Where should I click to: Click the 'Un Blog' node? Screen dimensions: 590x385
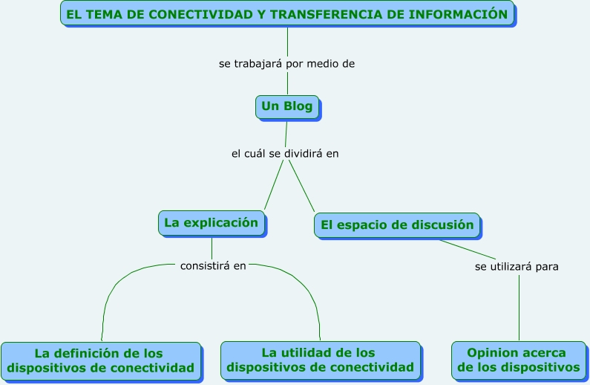click(287, 107)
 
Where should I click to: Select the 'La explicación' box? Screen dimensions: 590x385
click(212, 224)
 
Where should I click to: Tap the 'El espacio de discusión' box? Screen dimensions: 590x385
click(397, 225)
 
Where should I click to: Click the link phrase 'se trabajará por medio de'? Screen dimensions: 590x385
click(286, 64)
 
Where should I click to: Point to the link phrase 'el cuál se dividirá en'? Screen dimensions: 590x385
click(285, 154)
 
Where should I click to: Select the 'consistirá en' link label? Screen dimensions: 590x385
click(213, 266)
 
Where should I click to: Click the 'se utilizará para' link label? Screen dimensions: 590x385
click(517, 267)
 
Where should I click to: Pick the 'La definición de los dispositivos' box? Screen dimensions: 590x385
click(101, 361)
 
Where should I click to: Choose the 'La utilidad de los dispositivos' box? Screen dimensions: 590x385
click(320, 360)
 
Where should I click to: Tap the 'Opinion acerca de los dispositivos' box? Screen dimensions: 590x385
click(519, 360)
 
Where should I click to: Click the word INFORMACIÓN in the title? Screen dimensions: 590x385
click(458, 14)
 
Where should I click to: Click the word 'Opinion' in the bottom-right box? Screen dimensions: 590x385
click(491, 353)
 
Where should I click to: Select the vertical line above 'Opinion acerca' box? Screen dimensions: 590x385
click(519, 308)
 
